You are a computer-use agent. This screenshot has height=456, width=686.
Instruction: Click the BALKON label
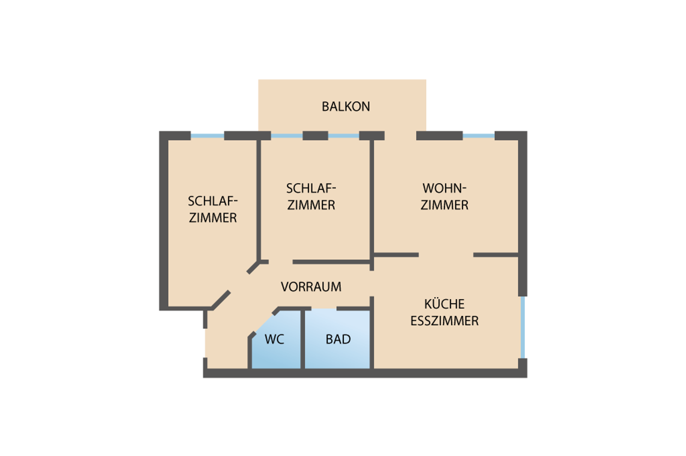[x=346, y=106]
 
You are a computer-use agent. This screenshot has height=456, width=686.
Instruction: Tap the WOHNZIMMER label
[x=444, y=196]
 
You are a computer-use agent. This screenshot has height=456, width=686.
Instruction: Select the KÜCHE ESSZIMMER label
[x=444, y=312]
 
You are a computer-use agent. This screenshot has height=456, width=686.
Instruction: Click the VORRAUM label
[x=311, y=287]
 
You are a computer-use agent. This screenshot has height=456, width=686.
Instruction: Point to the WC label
[x=274, y=339]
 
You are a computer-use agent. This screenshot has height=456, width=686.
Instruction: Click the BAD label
[x=338, y=339]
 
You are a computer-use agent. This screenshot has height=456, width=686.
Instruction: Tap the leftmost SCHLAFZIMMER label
[x=213, y=209]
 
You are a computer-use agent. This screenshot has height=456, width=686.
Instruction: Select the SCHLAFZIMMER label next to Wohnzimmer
[x=311, y=196]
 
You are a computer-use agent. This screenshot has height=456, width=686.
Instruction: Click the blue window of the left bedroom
[x=207, y=136]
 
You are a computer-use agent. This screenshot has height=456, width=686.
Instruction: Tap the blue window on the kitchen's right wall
[x=523, y=327]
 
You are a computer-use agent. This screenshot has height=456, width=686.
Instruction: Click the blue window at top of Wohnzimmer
[x=478, y=136]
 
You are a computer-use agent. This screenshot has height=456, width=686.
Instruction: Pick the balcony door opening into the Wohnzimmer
[x=400, y=136]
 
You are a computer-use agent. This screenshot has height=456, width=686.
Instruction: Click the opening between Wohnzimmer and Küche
[x=446, y=255]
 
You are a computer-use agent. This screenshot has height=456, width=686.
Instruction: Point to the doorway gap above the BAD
[x=324, y=308]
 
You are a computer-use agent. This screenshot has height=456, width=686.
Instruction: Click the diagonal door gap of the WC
[x=264, y=323]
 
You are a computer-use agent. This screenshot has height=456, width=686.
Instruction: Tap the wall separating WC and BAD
[x=302, y=339]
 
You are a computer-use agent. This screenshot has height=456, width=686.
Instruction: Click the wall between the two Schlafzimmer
[x=259, y=197]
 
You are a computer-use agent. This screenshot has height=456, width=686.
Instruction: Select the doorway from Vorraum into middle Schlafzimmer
[x=280, y=262]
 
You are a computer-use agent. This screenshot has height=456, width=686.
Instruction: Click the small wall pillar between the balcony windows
[x=315, y=136]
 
